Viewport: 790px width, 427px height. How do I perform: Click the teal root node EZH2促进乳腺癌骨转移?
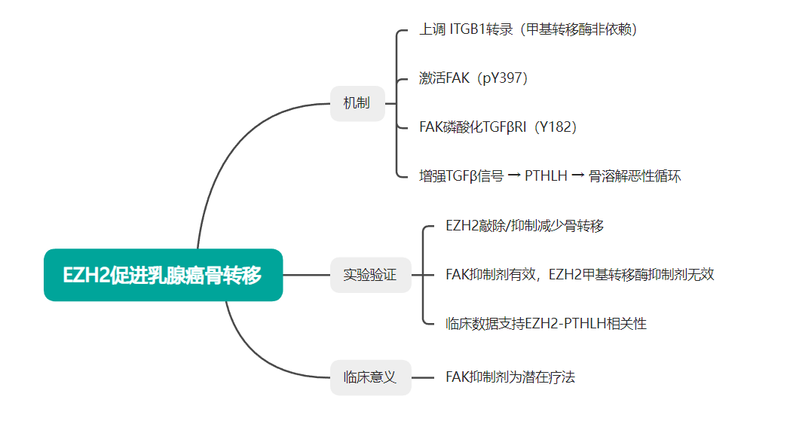[163, 275]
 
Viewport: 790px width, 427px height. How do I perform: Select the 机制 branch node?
[357, 103]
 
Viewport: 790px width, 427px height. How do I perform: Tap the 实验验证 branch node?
[370, 275]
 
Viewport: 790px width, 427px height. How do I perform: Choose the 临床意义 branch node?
[370, 377]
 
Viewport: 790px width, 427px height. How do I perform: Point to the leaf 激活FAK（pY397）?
[473, 78]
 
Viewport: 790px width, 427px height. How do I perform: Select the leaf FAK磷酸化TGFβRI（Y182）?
[498, 127]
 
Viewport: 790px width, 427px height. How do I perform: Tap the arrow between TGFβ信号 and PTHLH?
[514, 176]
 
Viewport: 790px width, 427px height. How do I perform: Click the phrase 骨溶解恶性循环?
[634, 176]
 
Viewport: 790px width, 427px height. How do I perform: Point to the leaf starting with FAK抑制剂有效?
[580, 275]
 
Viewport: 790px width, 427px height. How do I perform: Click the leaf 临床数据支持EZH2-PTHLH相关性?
[546, 324]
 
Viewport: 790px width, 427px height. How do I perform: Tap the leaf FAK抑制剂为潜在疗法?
[510, 377]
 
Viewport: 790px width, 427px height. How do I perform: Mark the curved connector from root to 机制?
[226, 151]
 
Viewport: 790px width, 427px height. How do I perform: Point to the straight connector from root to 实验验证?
[306, 275]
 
